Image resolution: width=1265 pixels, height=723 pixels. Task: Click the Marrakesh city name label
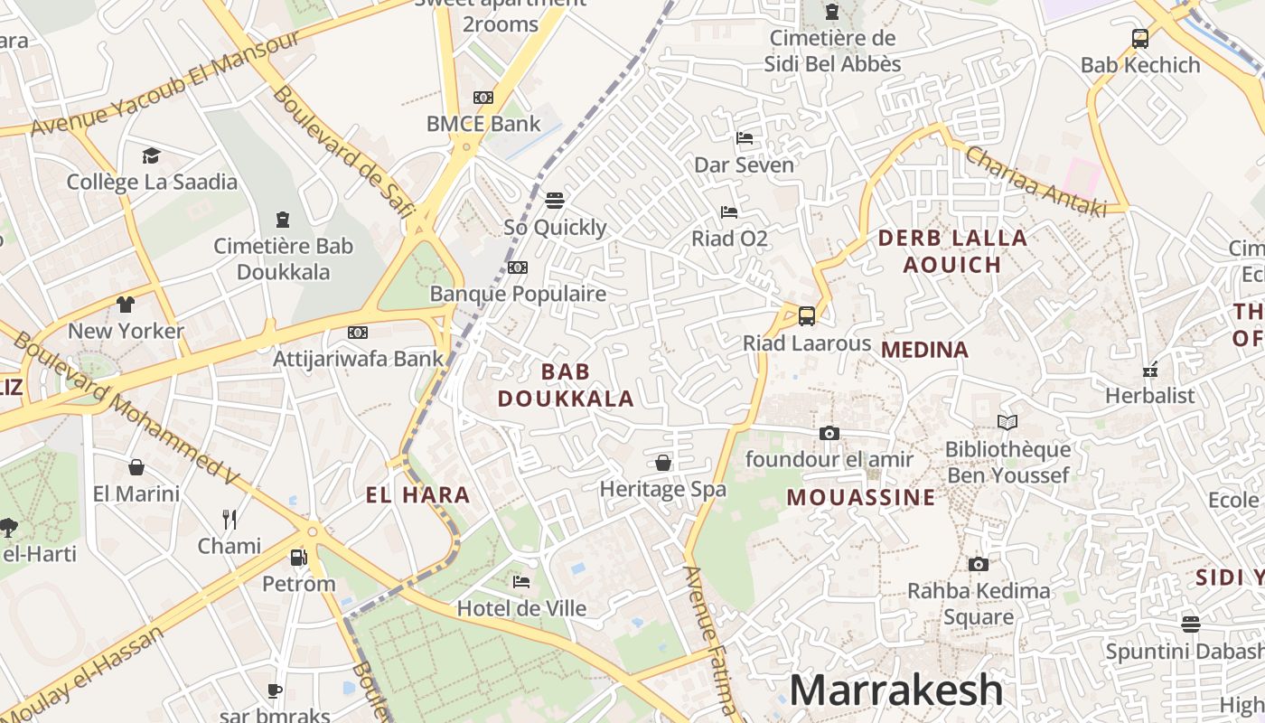point(895,690)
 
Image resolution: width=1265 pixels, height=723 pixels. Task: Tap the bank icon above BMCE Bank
point(483,98)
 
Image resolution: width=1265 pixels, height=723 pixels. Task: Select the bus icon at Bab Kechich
point(1140,39)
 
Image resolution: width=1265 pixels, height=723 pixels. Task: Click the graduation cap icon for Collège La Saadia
point(151,155)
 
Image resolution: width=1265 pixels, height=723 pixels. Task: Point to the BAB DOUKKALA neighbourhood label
point(566,385)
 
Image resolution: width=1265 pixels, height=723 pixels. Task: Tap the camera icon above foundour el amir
point(829,434)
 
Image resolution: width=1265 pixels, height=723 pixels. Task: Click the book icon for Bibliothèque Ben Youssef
point(1007,422)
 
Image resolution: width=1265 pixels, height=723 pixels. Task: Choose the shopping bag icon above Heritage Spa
point(663,464)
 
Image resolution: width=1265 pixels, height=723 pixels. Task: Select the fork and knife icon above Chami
point(230,520)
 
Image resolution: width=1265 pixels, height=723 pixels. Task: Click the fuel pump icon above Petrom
point(298,558)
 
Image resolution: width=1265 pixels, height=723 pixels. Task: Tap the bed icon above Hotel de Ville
point(521,582)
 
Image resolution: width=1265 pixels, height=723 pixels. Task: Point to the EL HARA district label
point(417,495)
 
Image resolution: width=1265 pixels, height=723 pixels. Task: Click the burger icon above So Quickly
point(555,200)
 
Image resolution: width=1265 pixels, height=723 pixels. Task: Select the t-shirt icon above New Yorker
point(125,305)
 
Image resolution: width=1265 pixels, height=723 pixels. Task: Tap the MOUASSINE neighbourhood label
point(861,498)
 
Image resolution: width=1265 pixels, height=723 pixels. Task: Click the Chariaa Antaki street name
point(1035,181)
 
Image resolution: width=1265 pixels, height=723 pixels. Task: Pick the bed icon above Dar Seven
point(745,138)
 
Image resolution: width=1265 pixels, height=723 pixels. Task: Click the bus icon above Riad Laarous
point(807,316)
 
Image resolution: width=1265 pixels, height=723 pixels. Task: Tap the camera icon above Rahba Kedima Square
point(978,565)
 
